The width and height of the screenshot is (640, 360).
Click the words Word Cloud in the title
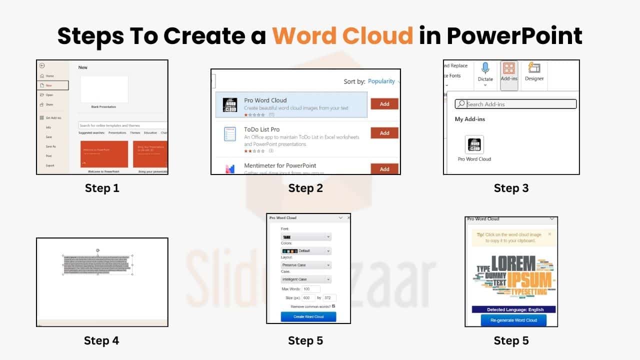tap(342, 36)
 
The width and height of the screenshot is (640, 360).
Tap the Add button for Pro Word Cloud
tap(384, 104)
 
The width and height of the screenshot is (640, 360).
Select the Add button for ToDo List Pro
tap(384, 133)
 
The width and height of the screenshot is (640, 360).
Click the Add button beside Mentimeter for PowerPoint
tap(384, 169)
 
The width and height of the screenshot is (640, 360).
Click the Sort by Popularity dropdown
tap(383, 81)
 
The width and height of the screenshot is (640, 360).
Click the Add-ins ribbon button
tap(509, 74)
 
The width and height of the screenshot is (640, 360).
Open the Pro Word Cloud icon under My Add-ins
tap(474, 145)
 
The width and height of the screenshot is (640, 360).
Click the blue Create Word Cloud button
tap(308, 316)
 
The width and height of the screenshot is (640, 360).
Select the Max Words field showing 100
tap(311, 289)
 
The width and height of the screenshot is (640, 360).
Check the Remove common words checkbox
tap(333, 306)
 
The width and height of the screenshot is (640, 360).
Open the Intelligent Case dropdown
tap(306, 279)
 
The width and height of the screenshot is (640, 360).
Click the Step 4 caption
tap(101, 340)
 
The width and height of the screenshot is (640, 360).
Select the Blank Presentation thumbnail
tap(104, 89)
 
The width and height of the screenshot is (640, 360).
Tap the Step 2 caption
tap(305, 188)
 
